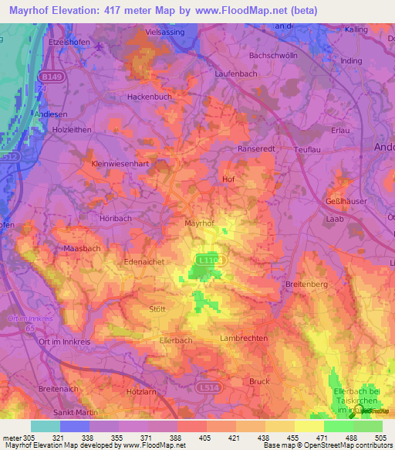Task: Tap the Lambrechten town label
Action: click(x=244, y=339)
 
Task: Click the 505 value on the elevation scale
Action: click(x=379, y=437)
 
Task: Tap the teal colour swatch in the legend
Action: click(x=45, y=426)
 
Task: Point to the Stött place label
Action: click(x=157, y=309)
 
